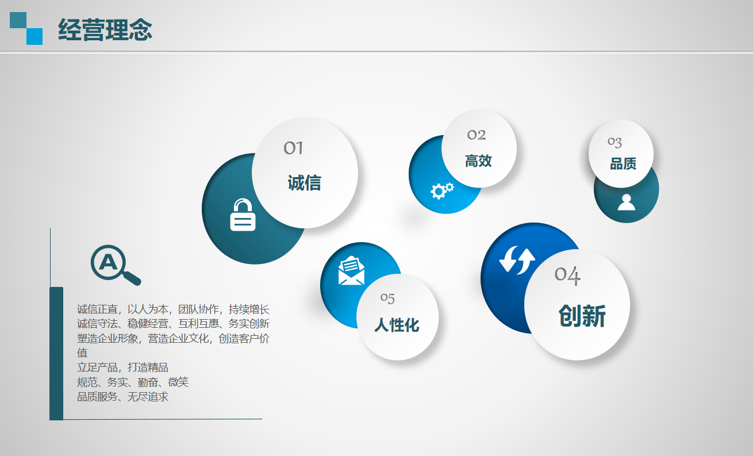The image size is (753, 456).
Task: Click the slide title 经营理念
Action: tap(105, 29)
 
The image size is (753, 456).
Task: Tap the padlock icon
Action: tap(243, 214)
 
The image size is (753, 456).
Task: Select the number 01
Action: tap(293, 148)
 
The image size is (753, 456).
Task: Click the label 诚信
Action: tap(304, 183)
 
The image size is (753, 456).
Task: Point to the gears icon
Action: tap(442, 191)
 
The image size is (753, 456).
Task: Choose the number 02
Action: tap(477, 135)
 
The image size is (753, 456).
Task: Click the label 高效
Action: tap(478, 161)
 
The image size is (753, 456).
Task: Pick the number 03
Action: tap(614, 142)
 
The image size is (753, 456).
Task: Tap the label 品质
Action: tap(623, 164)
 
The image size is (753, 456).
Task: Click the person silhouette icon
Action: tap(627, 202)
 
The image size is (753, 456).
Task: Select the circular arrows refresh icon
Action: tap(517, 260)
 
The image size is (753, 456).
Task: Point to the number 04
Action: tap(567, 275)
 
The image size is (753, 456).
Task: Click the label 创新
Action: tap(582, 316)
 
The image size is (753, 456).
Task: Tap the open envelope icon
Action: tap(351, 271)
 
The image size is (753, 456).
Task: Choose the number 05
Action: tap(387, 298)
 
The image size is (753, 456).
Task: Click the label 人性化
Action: tap(397, 325)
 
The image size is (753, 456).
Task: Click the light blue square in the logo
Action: tap(34, 37)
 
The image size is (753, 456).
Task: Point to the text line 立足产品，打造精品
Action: tap(122, 367)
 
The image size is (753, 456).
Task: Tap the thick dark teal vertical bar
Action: tap(56, 354)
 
